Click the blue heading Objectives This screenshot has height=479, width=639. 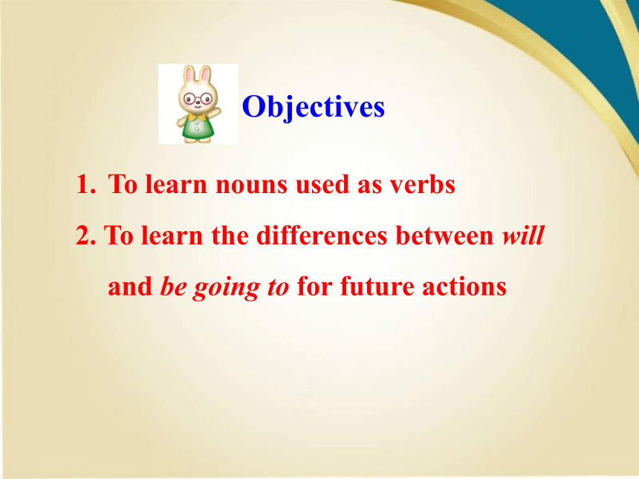pos(314,107)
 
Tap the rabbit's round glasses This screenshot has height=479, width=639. pos(198,99)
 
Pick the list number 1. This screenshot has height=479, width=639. pos(86,184)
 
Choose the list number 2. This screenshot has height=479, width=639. pos(86,235)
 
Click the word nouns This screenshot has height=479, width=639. pos(251,185)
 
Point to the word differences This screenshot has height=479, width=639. pos(322,235)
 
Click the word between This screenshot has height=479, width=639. pos(444,235)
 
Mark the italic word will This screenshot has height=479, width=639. pos(523,235)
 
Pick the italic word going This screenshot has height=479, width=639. pos(227,287)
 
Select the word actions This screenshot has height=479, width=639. pos(464,287)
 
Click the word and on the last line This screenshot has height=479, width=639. pos(130,287)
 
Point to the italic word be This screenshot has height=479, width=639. pos(173,287)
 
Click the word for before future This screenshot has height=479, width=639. pos(314,287)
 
